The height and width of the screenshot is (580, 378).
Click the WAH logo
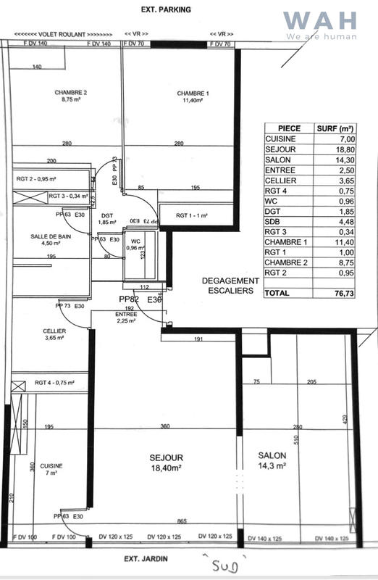point(320,25)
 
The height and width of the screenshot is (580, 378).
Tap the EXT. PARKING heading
point(167,10)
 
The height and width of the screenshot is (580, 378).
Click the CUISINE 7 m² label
point(50,469)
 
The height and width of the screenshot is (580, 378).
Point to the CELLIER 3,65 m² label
point(54,334)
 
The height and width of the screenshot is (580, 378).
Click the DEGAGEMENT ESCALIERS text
point(229,286)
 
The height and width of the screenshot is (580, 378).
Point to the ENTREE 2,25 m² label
point(126,317)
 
